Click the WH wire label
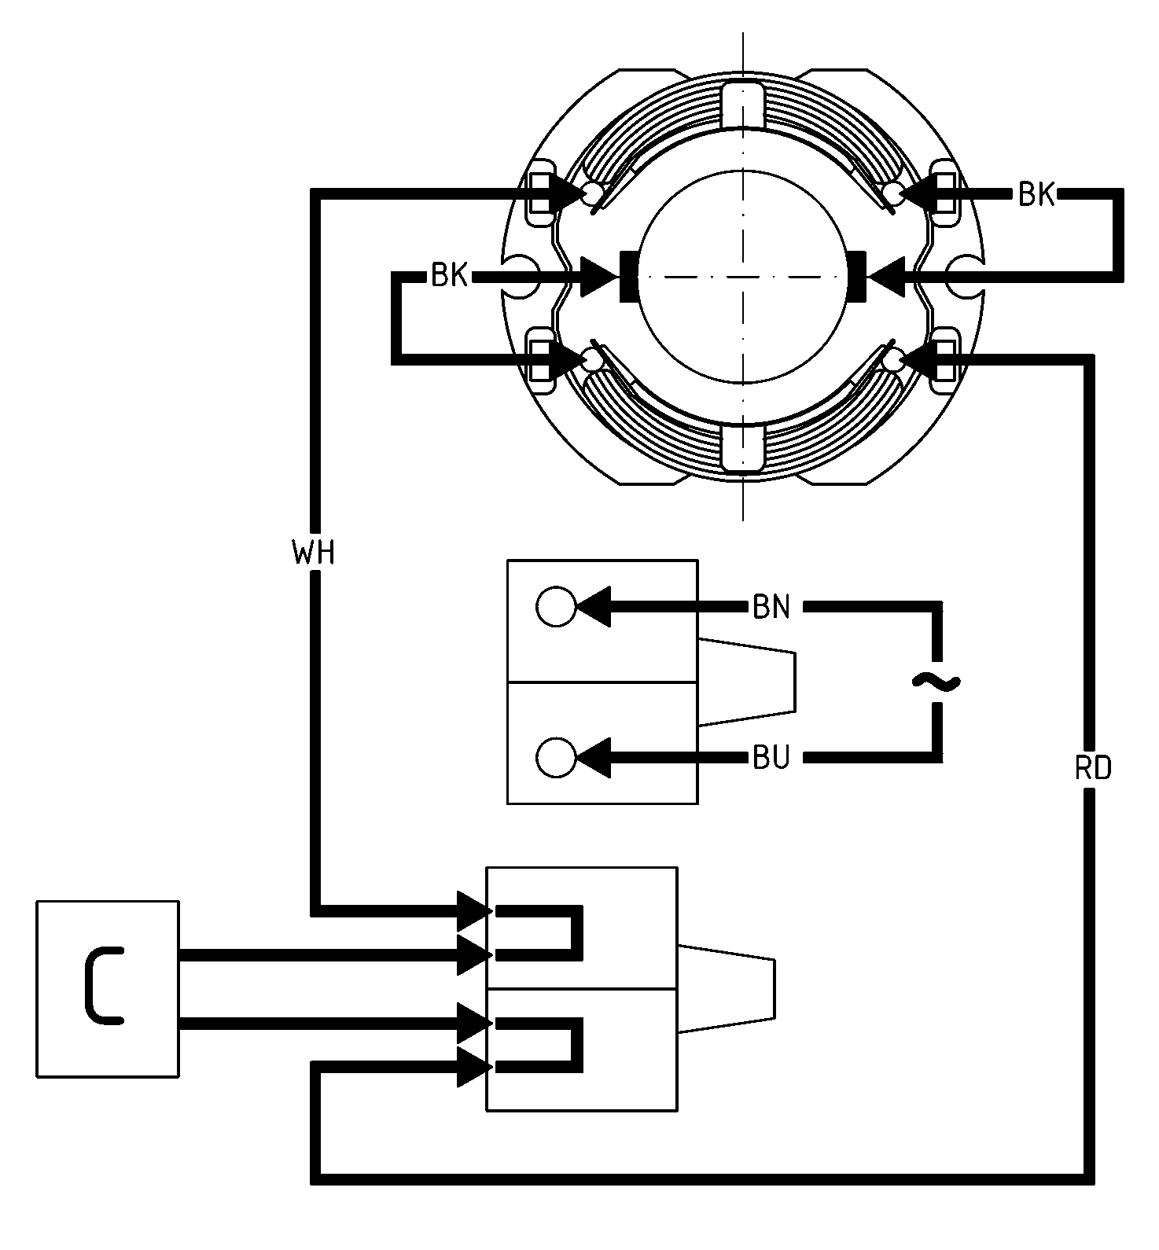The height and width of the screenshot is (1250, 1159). click(314, 553)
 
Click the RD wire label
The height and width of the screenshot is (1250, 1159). click(1093, 768)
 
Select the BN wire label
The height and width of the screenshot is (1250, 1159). click(771, 608)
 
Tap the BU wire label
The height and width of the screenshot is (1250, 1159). click(771, 759)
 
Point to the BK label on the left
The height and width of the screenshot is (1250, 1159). click(450, 277)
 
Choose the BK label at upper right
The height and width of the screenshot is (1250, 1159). click(1037, 194)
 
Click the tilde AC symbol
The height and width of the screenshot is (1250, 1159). click(936, 682)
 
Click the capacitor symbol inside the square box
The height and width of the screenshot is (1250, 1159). click(102, 987)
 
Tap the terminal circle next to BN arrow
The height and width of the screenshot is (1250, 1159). click(556, 606)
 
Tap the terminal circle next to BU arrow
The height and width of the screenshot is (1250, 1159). click(556, 758)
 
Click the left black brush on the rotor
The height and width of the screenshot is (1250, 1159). click(629, 276)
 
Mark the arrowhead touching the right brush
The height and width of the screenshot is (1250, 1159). click(886, 277)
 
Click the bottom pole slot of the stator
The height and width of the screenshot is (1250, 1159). click(742, 447)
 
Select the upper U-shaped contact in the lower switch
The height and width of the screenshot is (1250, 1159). click(539, 933)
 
